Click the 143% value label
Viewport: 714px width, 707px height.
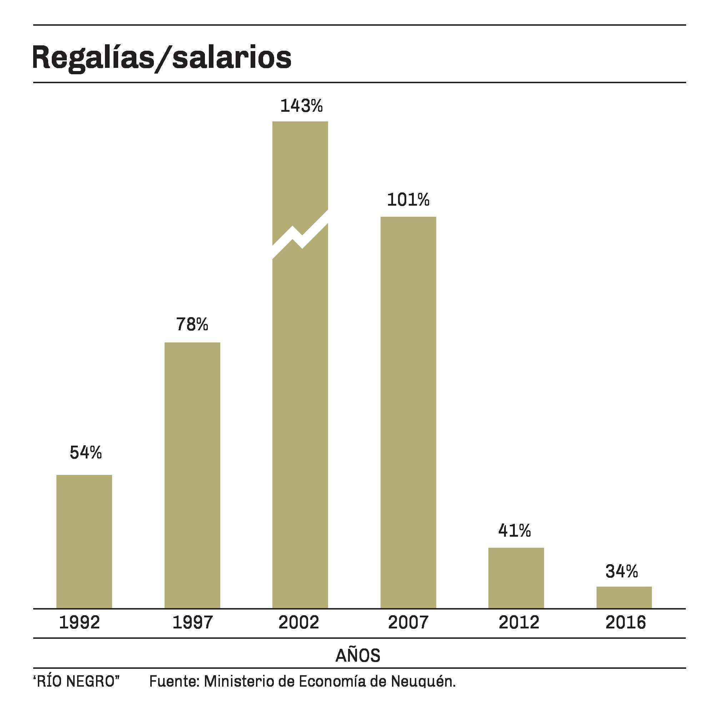click(301, 106)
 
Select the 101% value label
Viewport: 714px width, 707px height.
click(408, 200)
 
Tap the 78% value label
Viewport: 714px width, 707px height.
click(192, 324)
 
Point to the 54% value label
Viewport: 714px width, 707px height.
click(85, 452)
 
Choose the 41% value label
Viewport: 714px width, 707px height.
click(514, 531)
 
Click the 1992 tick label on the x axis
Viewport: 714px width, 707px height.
click(80, 623)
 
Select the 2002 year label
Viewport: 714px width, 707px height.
click(298, 623)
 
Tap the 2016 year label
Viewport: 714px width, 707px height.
click(625, 623)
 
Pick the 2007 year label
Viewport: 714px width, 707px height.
click(408, 623)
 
